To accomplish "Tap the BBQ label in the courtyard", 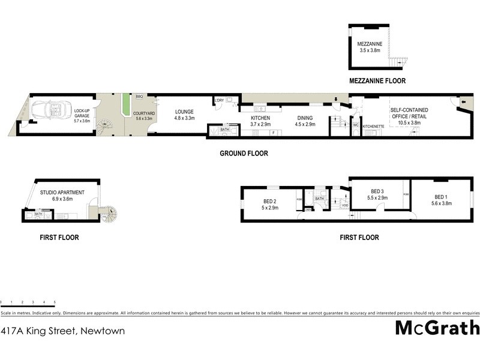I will coord(139,97).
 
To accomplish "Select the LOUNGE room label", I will coord(184,111).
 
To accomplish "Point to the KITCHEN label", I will coord(260,118).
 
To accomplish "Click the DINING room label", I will coord(305,118).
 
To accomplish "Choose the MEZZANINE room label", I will coord(369,44).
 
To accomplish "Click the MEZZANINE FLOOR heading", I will coord(377,80).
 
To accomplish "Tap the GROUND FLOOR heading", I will coord(244,154).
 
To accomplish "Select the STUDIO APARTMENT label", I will coord(62,192).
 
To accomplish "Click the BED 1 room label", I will coord(441,197).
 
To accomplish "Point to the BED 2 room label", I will coord(269,201).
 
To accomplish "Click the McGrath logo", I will coord(437,328).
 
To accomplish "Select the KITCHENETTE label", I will coord(373,127).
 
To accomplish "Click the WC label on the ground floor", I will coord(356,126).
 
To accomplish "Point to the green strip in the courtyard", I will coord(126,105).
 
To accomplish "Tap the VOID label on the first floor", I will coord(344,205).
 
